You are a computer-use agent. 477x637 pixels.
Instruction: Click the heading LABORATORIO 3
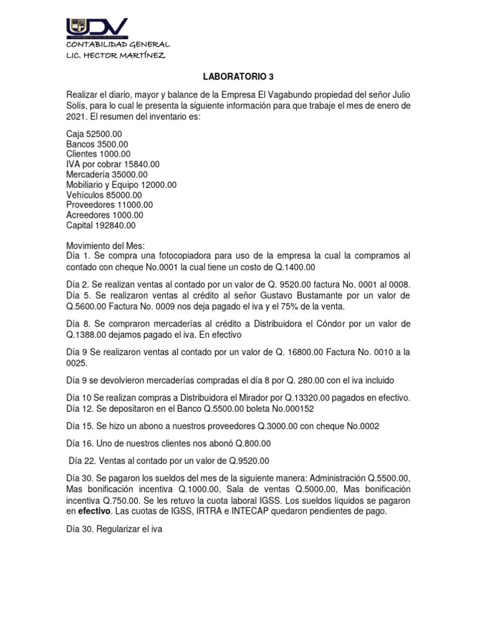pyautogui.click(x=238, y=77)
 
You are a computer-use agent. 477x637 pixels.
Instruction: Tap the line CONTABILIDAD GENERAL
pyautogui.click(x=118, y=45)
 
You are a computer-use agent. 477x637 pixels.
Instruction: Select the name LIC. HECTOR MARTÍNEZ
pyautogui.click(x=116, y=55)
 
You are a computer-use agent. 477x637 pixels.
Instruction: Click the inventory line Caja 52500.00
pyautogui.click(x=94, y=134)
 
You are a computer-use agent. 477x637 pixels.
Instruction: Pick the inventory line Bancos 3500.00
pyautogui.click(x=97, y=144)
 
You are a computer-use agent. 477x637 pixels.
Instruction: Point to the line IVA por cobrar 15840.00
pyautogui.click(x=112, y=164)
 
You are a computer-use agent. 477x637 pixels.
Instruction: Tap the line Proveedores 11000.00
pyautogui.click(x=109, y=205)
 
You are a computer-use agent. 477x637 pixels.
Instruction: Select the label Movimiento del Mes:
pyautogui.click(x=105, y=246)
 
